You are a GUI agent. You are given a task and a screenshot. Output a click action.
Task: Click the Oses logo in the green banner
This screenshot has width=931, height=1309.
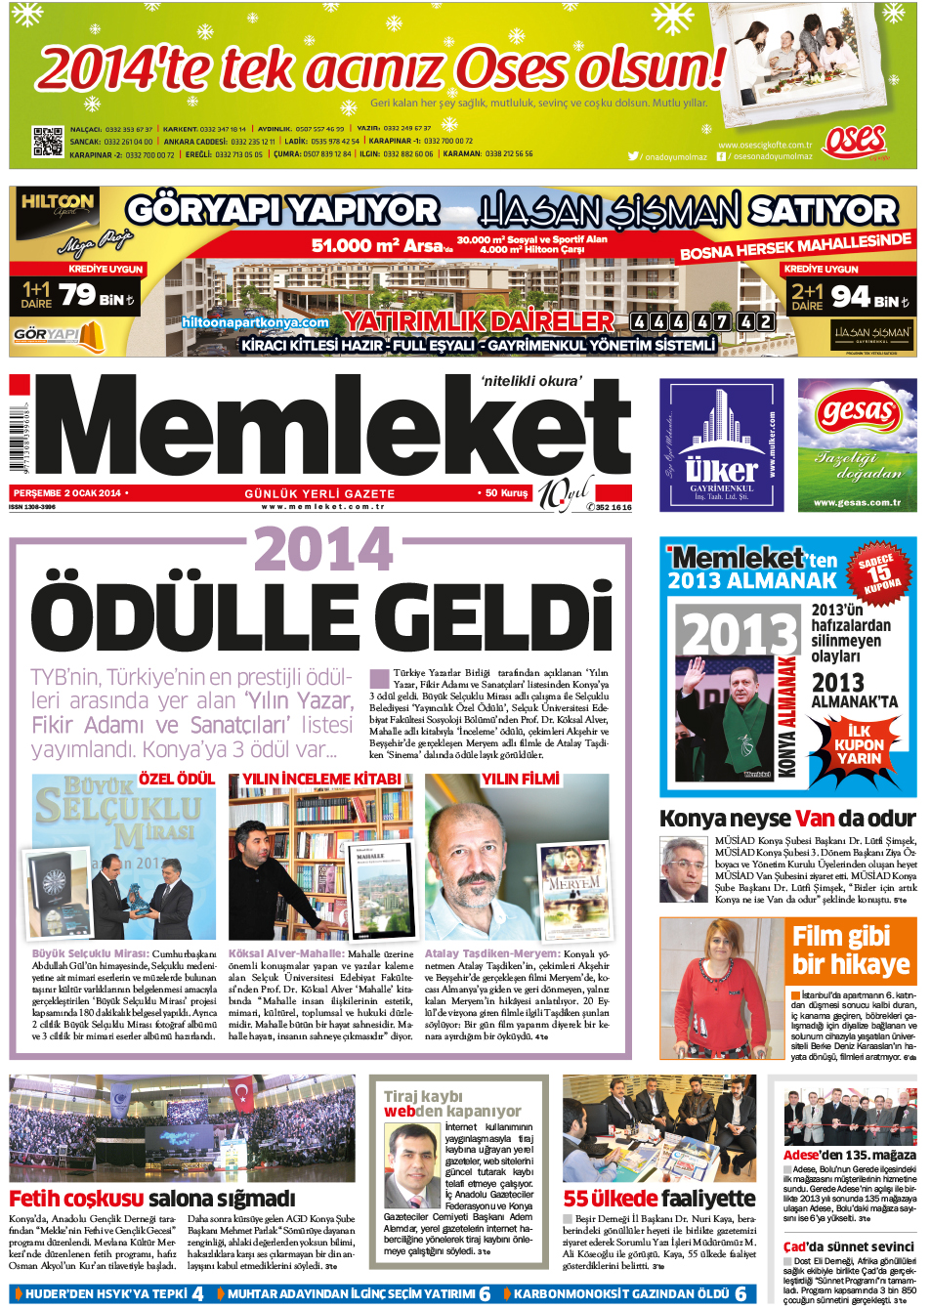854,141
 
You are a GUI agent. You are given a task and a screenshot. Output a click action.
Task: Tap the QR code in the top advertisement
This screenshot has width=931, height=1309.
48,142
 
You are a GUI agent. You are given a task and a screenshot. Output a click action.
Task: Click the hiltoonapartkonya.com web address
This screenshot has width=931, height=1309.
255,321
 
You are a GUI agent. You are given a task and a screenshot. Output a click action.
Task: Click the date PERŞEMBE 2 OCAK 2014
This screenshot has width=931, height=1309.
67,493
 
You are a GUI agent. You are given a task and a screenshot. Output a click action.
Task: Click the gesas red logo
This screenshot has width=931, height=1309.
857,411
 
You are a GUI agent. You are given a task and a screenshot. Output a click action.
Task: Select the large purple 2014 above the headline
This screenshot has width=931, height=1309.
323,550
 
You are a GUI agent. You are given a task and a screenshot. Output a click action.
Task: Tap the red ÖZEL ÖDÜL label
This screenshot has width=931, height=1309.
176,779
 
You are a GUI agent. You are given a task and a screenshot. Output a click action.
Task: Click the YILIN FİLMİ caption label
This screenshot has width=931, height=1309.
520,779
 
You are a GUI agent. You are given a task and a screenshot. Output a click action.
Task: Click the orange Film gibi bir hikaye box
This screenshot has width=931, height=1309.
850,950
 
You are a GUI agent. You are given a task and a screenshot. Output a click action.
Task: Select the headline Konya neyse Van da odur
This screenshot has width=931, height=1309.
786,818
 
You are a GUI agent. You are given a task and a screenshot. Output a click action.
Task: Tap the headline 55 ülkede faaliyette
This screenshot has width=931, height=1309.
658,1198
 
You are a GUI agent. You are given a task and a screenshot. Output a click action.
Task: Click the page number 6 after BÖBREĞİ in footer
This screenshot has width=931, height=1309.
741,1293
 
